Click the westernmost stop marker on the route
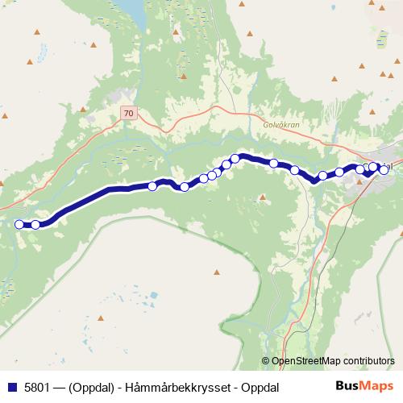pos(19,224)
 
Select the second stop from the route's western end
pos(35,225)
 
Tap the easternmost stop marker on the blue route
pos(384,169)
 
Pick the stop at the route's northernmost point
pos(235,158)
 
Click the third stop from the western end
pos(152,186)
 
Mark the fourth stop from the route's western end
pos(185,187)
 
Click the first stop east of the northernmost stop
pos(274,164)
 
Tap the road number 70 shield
pos(129,114)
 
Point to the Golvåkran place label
pos(280,125)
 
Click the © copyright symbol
pos(266,361)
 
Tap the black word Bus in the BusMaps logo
pos(347,386)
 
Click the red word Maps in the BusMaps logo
pos(376,386)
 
